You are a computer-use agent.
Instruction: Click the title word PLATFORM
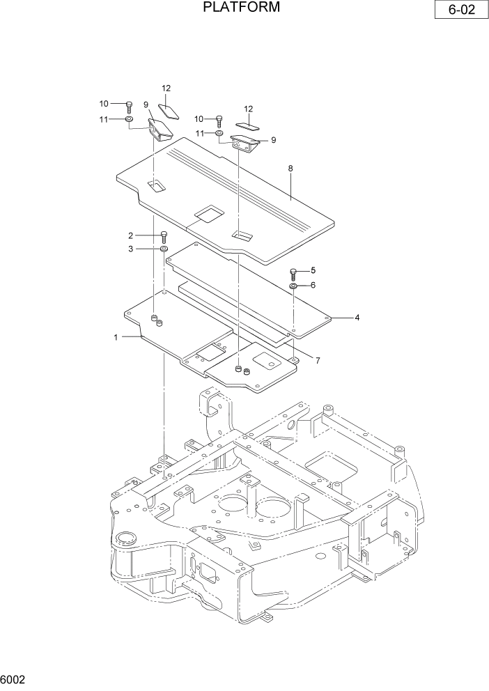[242, 8]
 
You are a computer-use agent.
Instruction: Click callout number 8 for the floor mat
[290, 169]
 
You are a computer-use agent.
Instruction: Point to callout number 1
[116, 337]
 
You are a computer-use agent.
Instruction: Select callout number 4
[357, 318]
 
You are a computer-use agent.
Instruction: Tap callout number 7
[317, 360]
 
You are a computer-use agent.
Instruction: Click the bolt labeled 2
[164, 235]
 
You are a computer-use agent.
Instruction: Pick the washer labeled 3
[164, 249]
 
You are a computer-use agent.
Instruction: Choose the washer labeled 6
[293, 286]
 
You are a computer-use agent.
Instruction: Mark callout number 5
[313, 270]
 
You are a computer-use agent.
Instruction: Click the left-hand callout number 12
[166, 88]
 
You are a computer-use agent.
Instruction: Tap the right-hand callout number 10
[199, 118]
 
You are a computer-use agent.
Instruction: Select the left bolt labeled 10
[129, 106]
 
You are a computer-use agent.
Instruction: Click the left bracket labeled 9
[160, 130]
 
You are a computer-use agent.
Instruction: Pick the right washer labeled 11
[219, 132]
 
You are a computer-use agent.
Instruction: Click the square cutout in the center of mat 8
[210, 213]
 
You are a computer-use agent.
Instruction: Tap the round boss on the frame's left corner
[126, 537]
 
